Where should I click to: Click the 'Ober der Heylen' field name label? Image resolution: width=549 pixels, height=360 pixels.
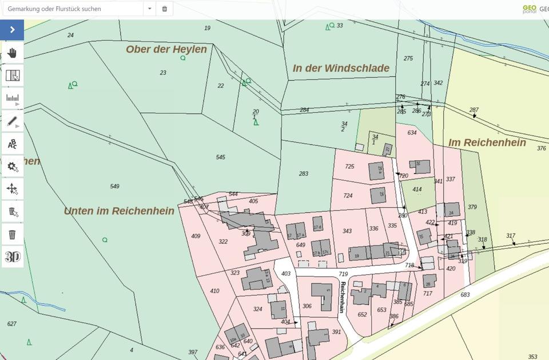(x=166, y=49)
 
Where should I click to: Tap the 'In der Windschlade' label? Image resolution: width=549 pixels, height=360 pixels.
(x=341, y=68)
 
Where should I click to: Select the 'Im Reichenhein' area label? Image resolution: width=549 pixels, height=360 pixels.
(x=487, y=143)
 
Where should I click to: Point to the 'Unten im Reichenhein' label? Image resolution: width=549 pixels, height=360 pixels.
(x=119, y=211)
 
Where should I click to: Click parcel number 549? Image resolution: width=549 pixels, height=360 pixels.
(x=114, y=186)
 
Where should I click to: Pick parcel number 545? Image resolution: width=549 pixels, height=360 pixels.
(x=220, y=157)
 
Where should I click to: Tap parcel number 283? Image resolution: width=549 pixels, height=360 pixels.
(x=303, y=173)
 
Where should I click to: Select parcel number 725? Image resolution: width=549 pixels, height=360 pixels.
(x=349, y=167)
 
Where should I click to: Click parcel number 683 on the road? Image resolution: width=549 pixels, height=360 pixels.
(x=465, y=294)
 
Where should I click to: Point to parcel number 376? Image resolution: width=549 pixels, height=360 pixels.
(x=541, y=148)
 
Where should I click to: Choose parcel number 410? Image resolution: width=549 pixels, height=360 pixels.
(x=214, y=291)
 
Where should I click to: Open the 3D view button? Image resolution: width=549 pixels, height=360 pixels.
(x=12, y=257)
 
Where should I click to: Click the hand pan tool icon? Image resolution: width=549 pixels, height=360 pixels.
(x=12, y=53)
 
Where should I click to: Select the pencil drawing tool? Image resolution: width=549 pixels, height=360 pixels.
(x=12, y=121)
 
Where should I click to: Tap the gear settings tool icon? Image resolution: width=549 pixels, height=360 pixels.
(x=12, y=167)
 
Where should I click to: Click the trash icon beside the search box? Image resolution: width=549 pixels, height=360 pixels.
(x=165, y=9)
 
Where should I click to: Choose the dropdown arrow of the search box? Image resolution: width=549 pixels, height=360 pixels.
(x=150, y=9)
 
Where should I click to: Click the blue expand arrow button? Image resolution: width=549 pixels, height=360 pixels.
(x=12, y=30)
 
